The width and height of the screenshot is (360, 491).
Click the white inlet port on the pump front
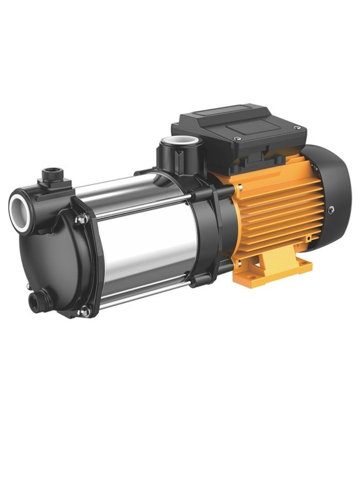tap(19, 209)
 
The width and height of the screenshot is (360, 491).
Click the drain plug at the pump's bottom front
tap(38, 301)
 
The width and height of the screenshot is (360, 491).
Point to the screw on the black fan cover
tap(331, 209)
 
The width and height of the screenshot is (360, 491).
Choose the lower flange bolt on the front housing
tap(84, 311)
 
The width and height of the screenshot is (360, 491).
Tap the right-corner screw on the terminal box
tap(296, 127)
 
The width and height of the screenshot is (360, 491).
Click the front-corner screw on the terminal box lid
tap(236, 139)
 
